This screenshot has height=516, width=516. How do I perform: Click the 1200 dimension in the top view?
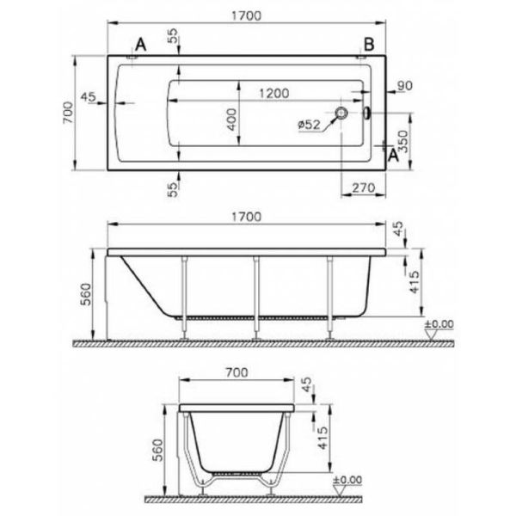tap(274, 94)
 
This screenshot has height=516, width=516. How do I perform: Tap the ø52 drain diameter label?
tap(309, 125)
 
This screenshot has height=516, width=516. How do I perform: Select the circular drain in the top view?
tap(341, 113)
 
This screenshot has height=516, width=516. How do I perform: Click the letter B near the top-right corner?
tap(369, 44)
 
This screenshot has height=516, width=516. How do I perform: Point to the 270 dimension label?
tap(364, 187)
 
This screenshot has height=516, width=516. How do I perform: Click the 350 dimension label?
tap(402, 142)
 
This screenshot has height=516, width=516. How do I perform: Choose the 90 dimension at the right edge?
tap(405, 85)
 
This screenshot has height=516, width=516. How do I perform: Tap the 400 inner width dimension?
tap(232, 120)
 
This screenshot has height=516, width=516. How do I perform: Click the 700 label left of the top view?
tap(68, 113)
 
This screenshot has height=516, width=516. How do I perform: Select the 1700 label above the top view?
tap(247, 15)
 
